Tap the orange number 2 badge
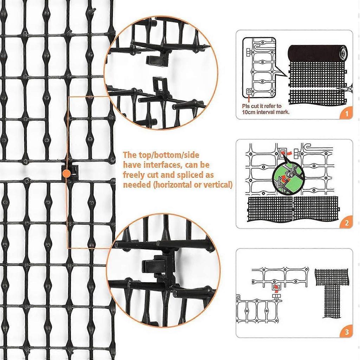(346, 222)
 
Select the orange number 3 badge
(346, 332)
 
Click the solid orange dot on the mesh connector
(66, 173)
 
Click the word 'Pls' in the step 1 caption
(246, 106)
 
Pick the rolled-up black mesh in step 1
(318, 53)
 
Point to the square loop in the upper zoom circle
(160, 85)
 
